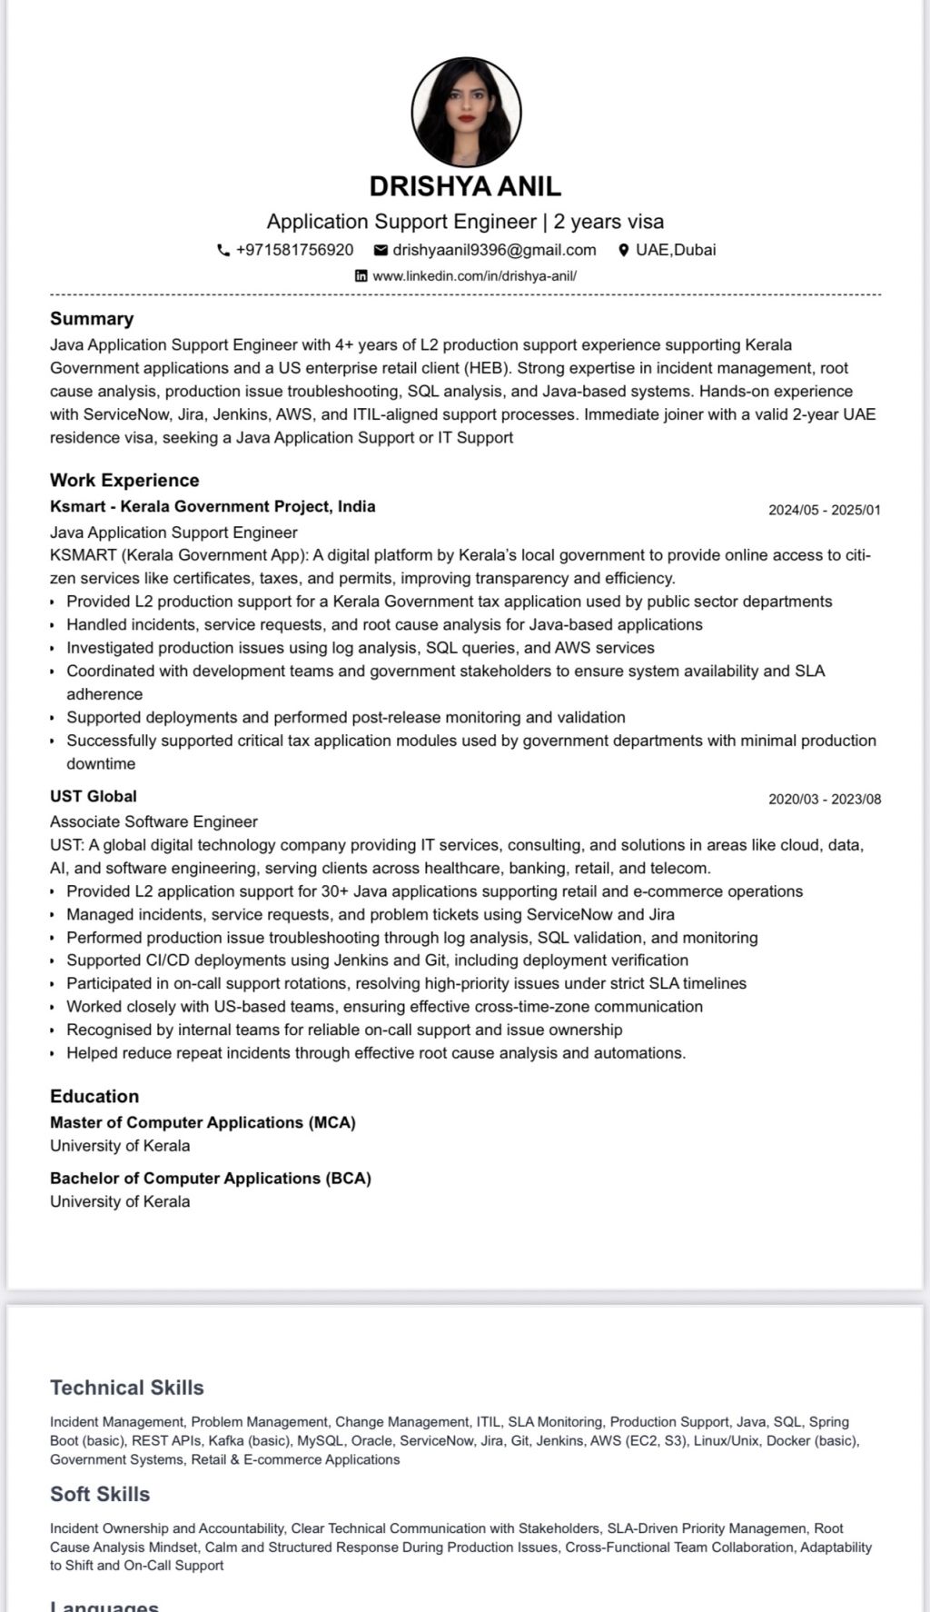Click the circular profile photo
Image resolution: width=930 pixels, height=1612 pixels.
point(466,113)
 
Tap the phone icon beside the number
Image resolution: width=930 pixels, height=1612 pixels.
point(223,250)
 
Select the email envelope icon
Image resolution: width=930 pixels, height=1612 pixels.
point(381,250)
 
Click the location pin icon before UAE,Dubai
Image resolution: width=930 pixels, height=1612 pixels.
point(624,250)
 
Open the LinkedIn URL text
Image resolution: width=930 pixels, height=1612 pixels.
point(474,276)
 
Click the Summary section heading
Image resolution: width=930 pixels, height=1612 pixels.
point(92,319)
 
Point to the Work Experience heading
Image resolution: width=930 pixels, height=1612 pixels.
point(124,481)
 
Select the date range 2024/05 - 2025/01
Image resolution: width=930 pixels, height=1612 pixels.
point(824,510)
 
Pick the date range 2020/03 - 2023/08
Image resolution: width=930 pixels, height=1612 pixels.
point(824,800)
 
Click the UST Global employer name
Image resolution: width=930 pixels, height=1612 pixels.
point(94,796)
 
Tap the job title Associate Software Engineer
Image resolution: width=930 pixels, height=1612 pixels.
point(153,821)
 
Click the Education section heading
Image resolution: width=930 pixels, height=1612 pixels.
point(94,1097)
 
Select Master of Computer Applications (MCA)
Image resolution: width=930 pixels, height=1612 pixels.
point(203,1123)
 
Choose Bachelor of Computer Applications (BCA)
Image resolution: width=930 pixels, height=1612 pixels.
point(211,1179)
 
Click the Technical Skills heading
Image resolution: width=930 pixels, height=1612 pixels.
point(127,1388)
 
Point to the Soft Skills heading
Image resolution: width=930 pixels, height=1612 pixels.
point(100,1494)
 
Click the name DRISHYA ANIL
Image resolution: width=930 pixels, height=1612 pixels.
point(465,186)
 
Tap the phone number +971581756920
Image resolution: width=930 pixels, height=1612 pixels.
point(294,250)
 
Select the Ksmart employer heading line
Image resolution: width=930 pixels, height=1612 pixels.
point(213,507)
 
